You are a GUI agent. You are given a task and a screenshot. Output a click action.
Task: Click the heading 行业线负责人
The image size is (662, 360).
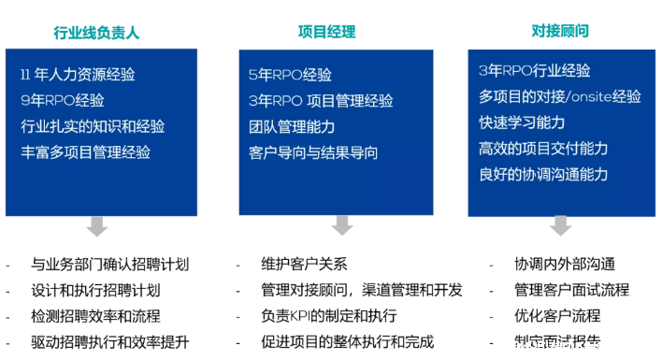[x=96, y=33]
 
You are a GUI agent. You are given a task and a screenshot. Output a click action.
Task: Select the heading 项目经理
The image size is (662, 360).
[x=327, y=32]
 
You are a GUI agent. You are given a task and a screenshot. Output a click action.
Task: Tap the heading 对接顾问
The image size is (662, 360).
[x=560, y=31]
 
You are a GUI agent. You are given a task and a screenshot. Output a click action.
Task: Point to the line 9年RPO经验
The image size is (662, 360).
[x=62, y=100]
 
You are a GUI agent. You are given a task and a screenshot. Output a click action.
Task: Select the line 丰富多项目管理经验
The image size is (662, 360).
[x=85, y=151]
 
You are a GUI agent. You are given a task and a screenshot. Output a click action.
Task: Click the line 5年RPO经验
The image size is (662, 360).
[x=290, y=75]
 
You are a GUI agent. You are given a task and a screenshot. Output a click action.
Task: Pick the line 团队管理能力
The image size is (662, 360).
[x=292, y=126]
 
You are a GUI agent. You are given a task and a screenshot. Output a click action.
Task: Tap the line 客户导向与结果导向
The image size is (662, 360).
[x=313, y=151]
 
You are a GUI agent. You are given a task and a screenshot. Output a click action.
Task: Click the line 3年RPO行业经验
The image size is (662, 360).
[x=534, y=71]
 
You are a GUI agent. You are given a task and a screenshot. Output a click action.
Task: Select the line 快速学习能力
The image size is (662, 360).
[x=521, y=122]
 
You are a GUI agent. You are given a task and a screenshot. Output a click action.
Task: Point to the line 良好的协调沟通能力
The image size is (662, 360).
[x=543, y=174]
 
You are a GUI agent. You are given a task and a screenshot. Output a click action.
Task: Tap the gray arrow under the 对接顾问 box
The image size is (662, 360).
[x=560, y=225]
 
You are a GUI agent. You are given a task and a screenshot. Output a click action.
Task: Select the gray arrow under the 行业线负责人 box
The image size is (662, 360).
[x=96, y=225]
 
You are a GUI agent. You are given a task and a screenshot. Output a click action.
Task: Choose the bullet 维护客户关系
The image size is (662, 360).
[x=304, y=265]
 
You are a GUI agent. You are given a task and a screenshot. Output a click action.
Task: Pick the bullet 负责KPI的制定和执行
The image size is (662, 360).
[x=329, y=316]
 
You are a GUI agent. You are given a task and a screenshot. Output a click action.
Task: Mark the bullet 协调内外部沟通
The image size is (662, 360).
[x=565, y=265]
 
